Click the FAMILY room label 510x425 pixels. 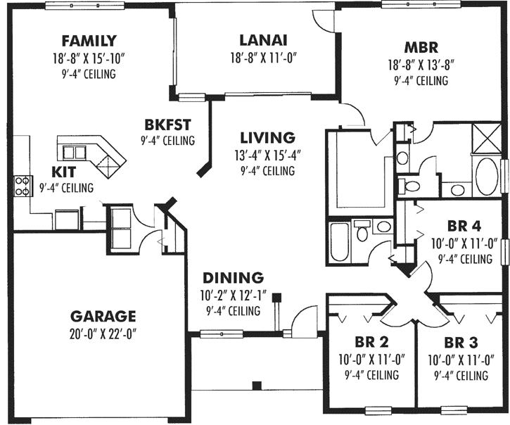coord(89,40)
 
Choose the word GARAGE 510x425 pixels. coord(103,316)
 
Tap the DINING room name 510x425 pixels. coord(233,277)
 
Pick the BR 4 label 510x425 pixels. coord(464,227)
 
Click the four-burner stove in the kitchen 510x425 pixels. coord(22,184)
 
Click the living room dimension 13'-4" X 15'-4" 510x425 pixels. coord(267,154)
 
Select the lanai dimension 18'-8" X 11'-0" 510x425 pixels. coord(262,58)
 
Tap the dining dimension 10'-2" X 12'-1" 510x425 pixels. coord(233,294)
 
